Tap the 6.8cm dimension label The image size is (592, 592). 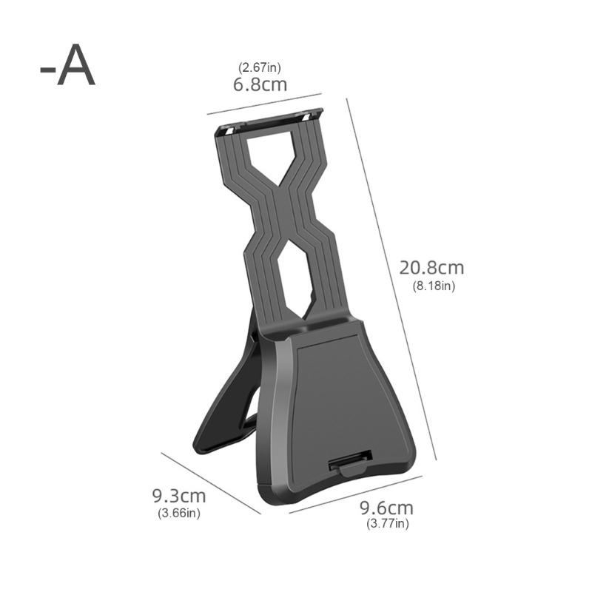click(260, 84)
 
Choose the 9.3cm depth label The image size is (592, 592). click(178, 495)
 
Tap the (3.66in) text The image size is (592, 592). click(178, 512)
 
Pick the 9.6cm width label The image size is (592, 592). click(386, 508)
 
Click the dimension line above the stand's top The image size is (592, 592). click(264, 104)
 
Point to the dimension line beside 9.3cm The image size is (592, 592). click(211, 482)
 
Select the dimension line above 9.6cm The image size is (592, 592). click(355, 494)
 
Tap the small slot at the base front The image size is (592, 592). click(346, 464)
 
